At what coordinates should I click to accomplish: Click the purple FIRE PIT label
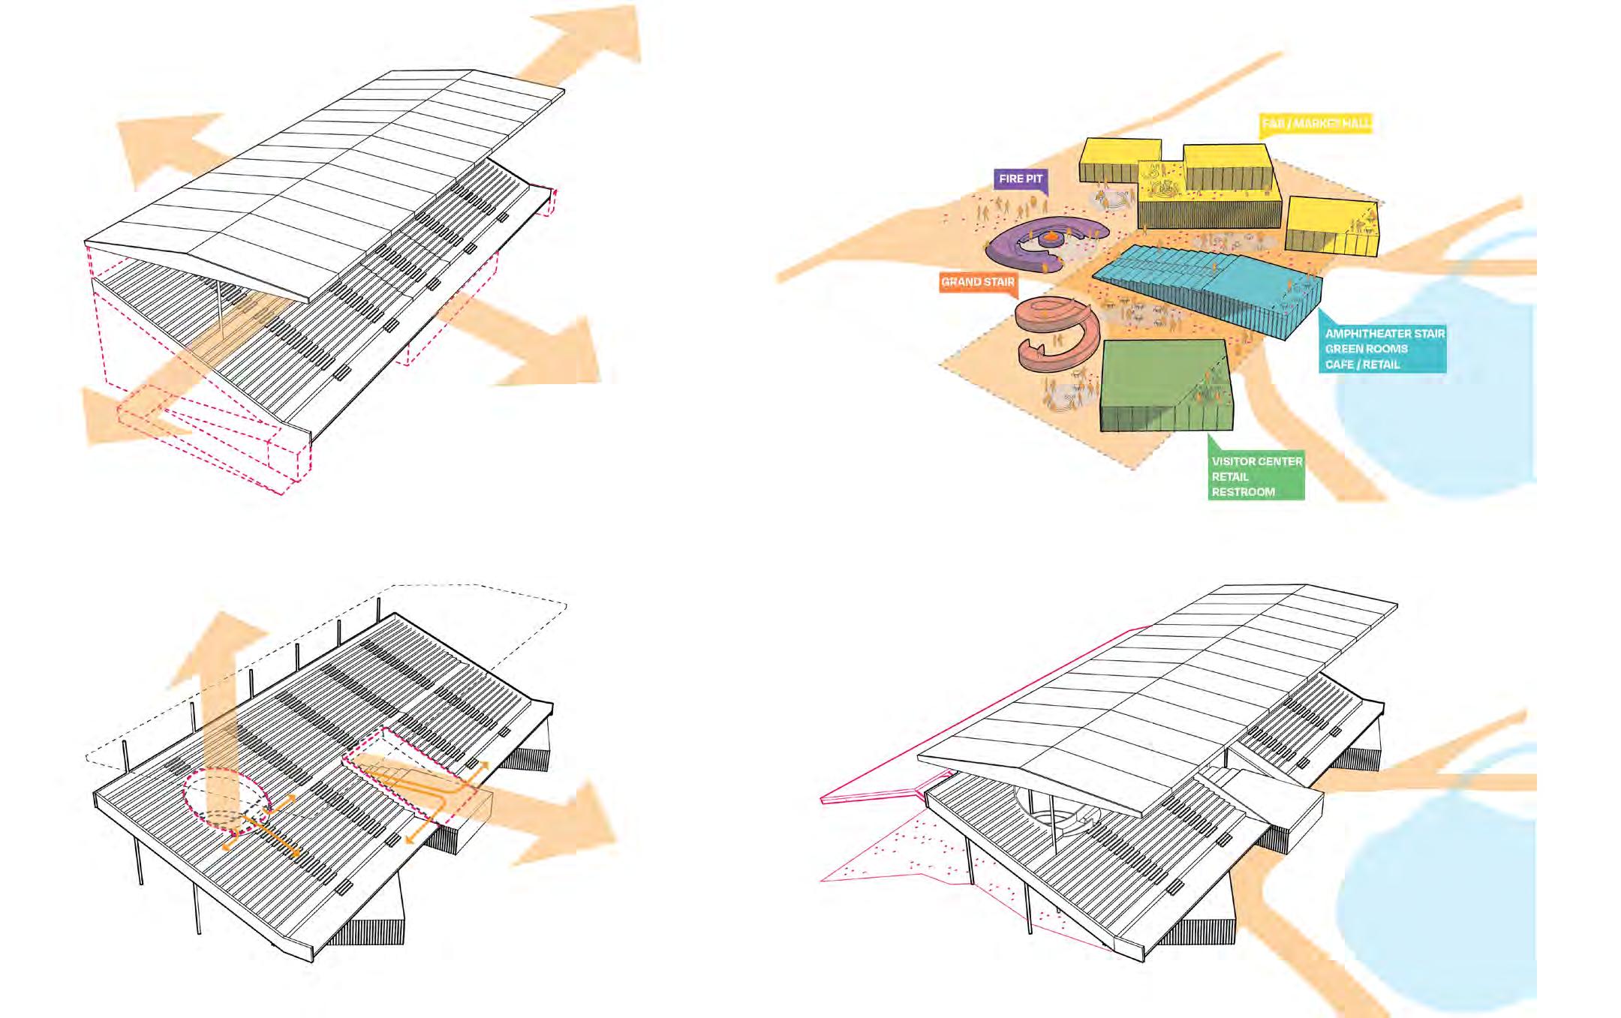point(1021,179)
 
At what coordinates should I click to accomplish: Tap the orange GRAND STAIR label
point(978,282)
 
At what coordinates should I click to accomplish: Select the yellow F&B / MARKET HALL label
point(1316,123)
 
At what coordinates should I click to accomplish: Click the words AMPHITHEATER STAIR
point(1385,333)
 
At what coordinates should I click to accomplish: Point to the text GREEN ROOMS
point(1366,349)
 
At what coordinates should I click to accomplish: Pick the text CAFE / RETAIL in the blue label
point(1362,365)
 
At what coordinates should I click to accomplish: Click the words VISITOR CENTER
point(1257,461)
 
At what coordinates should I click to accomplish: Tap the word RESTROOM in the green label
point(1243,492)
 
